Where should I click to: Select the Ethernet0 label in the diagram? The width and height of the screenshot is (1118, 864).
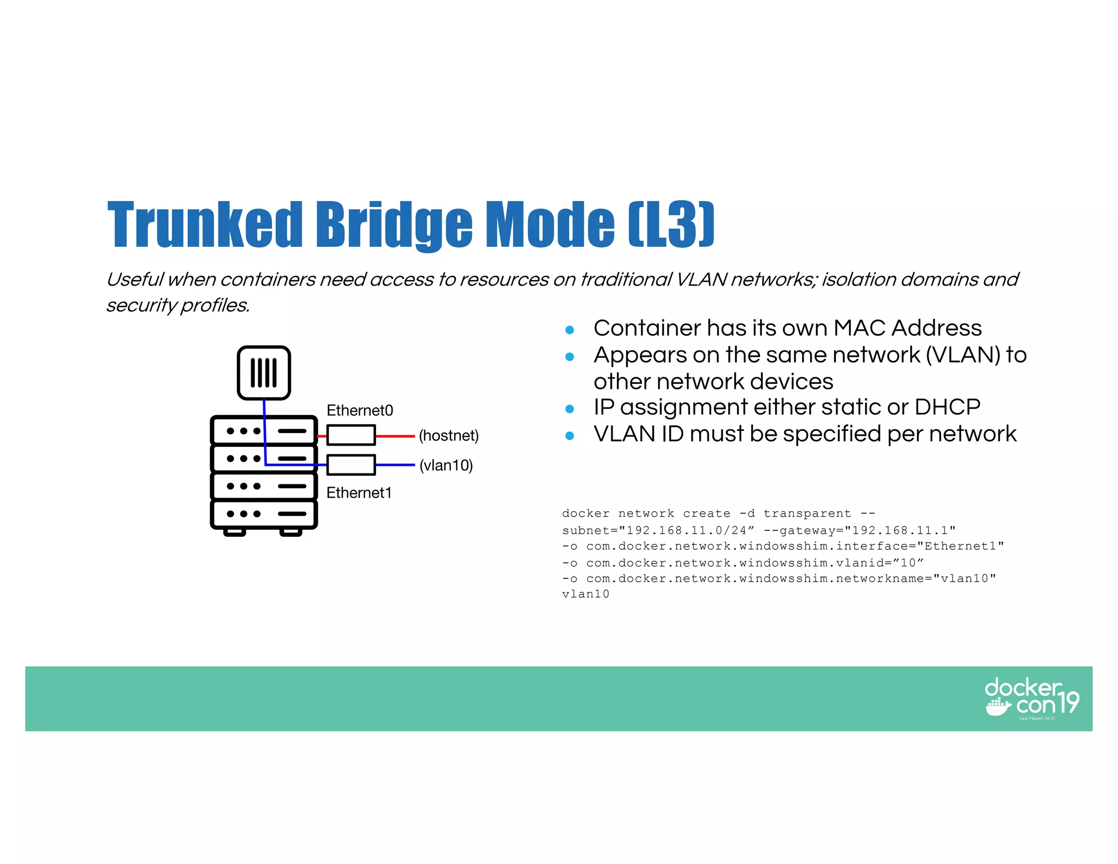pos(360,410)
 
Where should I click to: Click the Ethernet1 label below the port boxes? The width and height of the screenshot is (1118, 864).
pos(359,493)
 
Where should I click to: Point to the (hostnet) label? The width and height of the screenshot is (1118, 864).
pos(449,435)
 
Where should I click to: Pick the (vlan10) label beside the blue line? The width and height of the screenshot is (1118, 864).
pos(446,465)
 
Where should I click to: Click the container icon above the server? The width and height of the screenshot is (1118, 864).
pos(264,373)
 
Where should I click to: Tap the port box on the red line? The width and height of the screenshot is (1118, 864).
pos(351,435)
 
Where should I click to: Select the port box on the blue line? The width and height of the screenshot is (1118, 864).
pos(351,465)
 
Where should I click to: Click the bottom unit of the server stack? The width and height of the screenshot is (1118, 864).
pos(264,514)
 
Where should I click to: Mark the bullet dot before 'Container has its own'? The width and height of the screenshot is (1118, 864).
pos(569,330)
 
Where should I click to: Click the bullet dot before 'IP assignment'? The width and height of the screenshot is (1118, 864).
pos(569,409)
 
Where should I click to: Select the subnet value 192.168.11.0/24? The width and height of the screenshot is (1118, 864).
pos(686,530)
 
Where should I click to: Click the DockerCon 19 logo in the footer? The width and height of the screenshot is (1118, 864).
pos(1031,699)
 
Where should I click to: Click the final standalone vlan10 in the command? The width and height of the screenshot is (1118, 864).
pos(586,594)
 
